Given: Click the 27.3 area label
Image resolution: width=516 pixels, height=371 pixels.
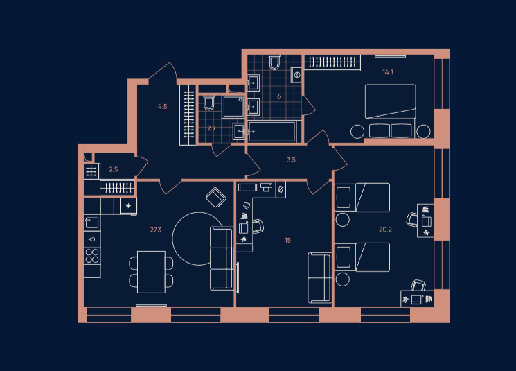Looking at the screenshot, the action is tap(156, 230).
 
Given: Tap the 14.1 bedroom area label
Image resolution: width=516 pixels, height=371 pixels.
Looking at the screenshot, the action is tap(388, 72).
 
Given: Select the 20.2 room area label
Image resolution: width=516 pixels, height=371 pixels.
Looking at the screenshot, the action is tap(385, 230).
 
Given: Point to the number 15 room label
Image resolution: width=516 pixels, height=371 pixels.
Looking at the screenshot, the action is tap(287, 240).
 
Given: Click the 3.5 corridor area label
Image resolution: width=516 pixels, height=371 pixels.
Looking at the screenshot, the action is tap(291, 159).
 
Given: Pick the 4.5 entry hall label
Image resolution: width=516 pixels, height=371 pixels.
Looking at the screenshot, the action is tap(162, 106).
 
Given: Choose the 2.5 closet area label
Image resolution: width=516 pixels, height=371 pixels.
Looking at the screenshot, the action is tap(113, 169).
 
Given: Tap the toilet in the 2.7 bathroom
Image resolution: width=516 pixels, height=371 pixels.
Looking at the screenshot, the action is tap(208, 103).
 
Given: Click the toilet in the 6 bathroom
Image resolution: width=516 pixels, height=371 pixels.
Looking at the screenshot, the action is tap(274, 62).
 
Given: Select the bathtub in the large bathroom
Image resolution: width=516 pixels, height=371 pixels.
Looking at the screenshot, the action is tap(272, 132).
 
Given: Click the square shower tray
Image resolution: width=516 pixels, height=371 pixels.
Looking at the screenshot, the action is tap(233, 106).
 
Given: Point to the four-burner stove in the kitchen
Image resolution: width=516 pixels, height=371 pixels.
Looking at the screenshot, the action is tap(92, 256).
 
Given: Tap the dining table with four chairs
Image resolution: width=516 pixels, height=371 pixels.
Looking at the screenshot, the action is tap(152, 272).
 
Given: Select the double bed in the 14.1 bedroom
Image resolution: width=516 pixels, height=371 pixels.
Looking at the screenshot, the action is tap(391, 111).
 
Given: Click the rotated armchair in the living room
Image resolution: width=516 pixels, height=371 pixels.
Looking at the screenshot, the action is tap(216, 198).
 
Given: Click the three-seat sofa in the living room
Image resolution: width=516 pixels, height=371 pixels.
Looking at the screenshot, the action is tap(221, 259).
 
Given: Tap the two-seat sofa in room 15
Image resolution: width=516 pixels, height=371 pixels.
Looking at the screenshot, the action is tap(319, 278).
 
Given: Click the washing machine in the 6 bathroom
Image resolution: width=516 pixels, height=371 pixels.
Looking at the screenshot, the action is tap(296, 75).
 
